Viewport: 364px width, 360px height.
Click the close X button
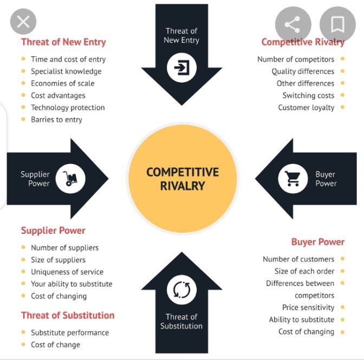[x=23, y=22]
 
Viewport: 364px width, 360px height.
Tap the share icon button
[x=293, y=24]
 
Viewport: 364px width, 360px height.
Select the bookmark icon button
[x=337, y=24]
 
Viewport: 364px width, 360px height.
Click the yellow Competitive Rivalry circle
[x=183, y=179]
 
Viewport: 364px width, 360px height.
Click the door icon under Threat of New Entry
[x=181, y=68]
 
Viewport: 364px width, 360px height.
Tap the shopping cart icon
[x=292, y=179]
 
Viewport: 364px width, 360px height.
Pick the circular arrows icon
[x=181, y=290]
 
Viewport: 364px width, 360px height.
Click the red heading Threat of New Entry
[x=63, y=42]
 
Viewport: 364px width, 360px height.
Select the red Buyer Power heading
[x=317, y=242]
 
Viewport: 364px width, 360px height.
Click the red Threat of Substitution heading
[x=68, y=315]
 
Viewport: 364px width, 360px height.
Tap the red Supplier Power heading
[x=53, y=231]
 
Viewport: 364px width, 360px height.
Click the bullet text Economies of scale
[x=62, y=83]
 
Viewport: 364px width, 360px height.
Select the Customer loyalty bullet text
[x=306, y=107]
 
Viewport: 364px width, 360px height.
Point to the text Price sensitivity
[x=308, y=307]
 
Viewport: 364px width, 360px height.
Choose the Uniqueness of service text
[x=67, y=272]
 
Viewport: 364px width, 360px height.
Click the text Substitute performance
[x=70, y=332]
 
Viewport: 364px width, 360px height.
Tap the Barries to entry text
[x=56, y=119]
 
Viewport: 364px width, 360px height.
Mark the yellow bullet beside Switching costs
[x=342, y=95]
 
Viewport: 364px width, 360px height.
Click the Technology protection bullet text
[x=68, y=107]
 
